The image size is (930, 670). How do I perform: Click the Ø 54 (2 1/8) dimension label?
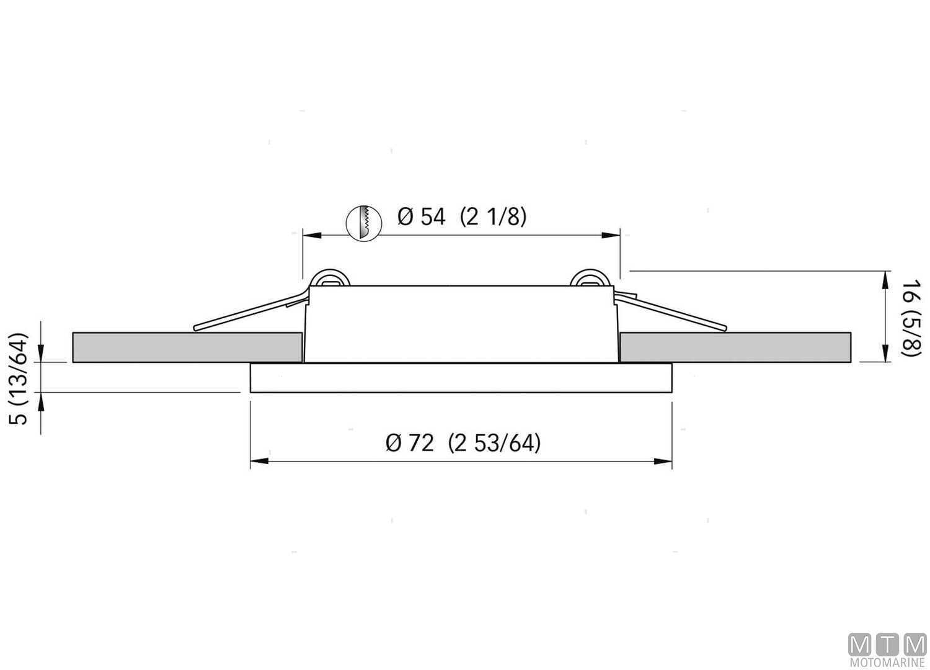pyautogui.click(x=461, y=217)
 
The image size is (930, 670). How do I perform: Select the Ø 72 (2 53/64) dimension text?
pyautogui.click(x=463, y=444)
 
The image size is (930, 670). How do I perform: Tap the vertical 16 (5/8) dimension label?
pyautogui.click(x=910, y=318)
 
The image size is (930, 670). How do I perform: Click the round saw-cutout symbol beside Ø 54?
pyautogui.click(x=362, y=223)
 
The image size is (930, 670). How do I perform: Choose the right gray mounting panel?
pyautogui.click(x=735, y=347)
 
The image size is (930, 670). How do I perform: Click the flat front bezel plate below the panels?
pyautogui.click(x=461, y=378)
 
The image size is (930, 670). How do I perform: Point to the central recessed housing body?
pyautogui.click(x=461, y=324)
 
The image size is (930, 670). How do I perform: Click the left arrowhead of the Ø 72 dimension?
pyautogui.click(x=259, y=461)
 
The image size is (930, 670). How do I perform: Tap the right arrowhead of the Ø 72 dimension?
pyautogui.click(x=664, y=461)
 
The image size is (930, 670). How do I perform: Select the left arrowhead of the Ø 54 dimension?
pyautogui.click(x=311, y=235)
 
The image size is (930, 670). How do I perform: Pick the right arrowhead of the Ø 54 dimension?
pyautogui.click(x=611, y=235)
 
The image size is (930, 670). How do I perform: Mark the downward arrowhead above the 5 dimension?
pyautogui.click(x=41, y=354)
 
